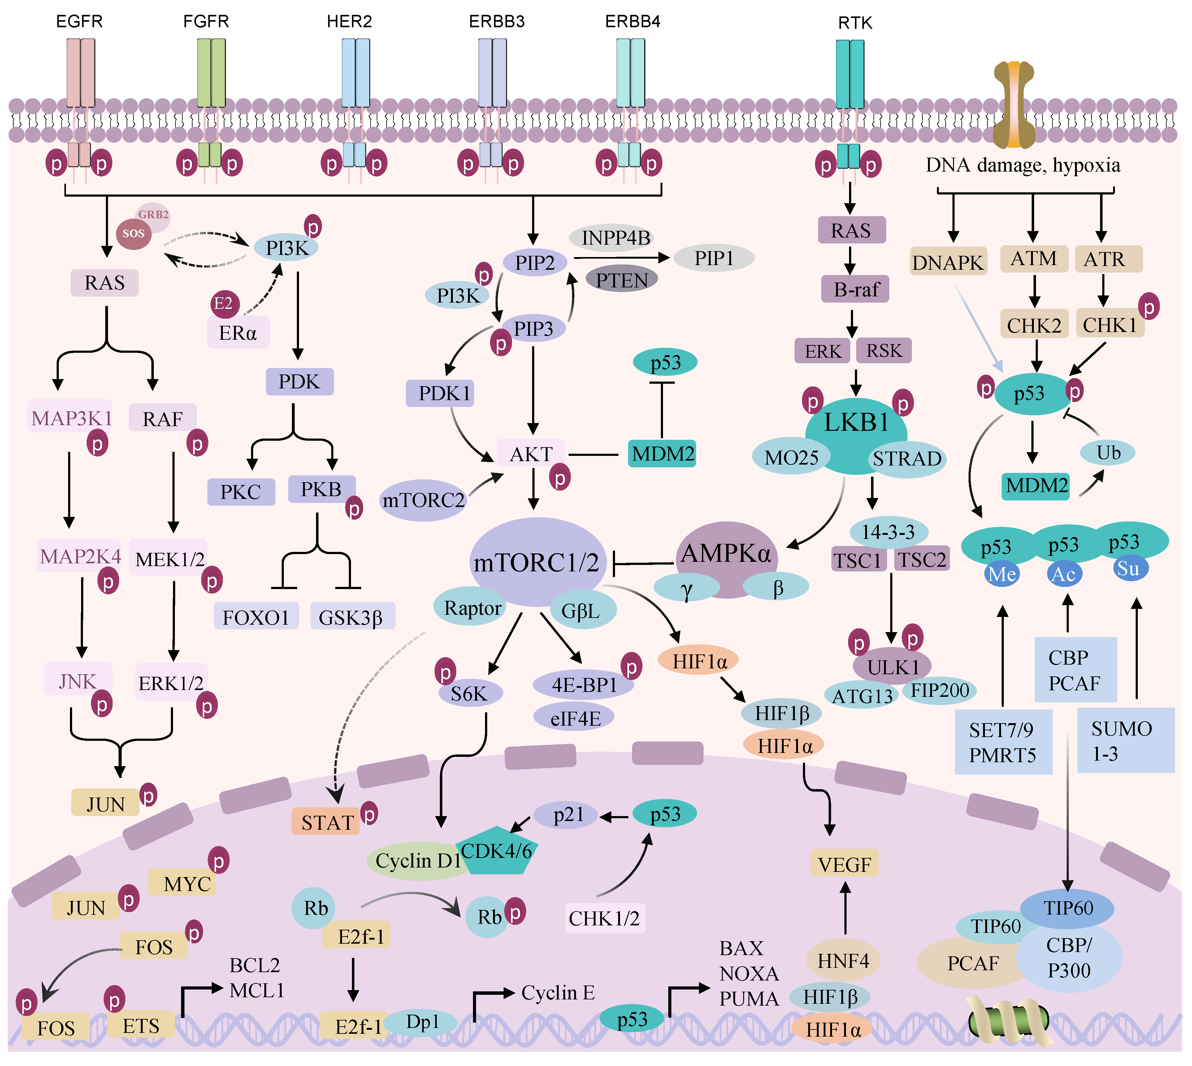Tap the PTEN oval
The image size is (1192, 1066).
[622, 280]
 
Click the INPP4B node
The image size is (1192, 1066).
[615, 238]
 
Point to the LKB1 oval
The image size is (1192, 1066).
[856, 423]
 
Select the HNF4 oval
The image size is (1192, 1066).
[843, 961]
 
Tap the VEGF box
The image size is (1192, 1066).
[844, 864]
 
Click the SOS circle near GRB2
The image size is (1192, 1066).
[133, 233]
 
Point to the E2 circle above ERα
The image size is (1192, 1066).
[224, 304]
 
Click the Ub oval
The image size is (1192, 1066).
[1108, 453]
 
